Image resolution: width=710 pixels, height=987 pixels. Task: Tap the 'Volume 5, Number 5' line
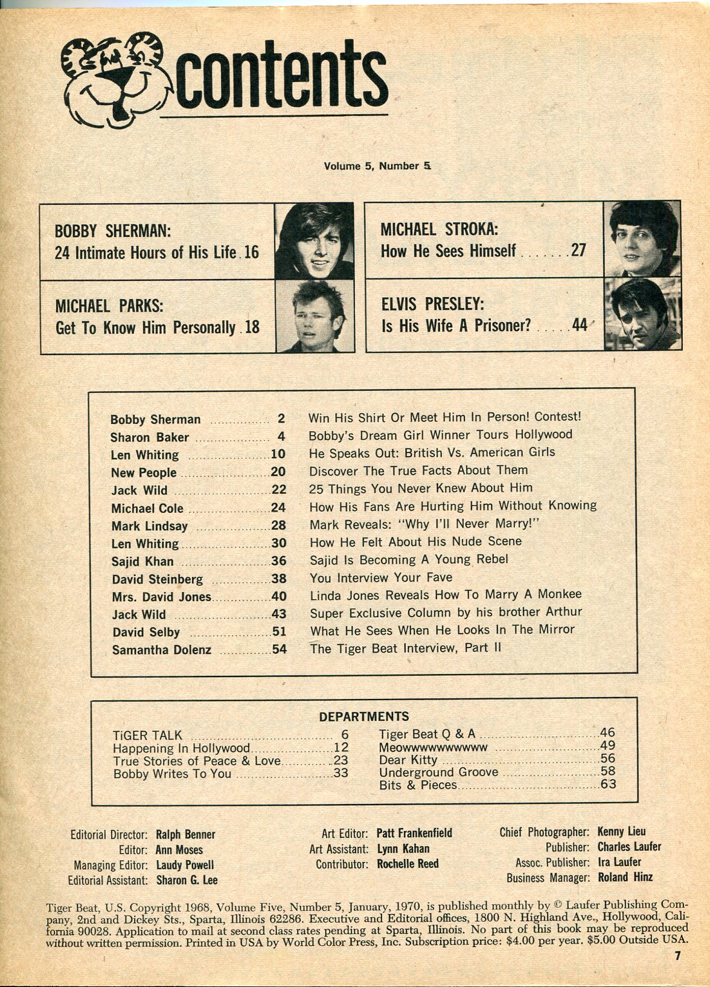tap(380, 166)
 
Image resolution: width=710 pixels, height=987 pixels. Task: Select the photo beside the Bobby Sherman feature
tap(314, 240)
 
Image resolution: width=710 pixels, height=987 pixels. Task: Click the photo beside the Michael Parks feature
tap(314, 317)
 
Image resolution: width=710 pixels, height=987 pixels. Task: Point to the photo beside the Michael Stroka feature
tap(642, 239)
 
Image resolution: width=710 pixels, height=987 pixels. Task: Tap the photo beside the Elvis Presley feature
tap(642, 314)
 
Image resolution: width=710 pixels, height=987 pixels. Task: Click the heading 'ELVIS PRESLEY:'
tap(432, 304)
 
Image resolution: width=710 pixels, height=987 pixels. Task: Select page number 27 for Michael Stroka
tap(578, 250)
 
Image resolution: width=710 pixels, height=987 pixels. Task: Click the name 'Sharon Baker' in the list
tap(150, 437)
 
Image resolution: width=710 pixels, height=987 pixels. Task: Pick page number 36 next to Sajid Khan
tap(278, 561)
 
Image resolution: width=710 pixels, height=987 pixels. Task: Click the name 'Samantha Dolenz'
tap(162, 650)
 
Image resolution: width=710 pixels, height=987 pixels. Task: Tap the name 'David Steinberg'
tap(158, 579)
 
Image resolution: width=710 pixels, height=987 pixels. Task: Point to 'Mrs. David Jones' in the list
tap(162, 597)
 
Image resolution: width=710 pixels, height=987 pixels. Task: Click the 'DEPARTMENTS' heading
tap(363, 716)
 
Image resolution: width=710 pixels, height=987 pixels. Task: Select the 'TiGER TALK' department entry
tap(147, 736)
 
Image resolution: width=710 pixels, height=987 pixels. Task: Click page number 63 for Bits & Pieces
tap(607, 785)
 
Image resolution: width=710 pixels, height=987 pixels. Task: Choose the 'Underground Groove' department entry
tap(438, 773)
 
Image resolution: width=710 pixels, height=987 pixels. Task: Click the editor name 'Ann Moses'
tap(179, 850)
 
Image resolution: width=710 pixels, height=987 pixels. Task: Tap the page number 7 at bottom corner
tap(678, 956)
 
